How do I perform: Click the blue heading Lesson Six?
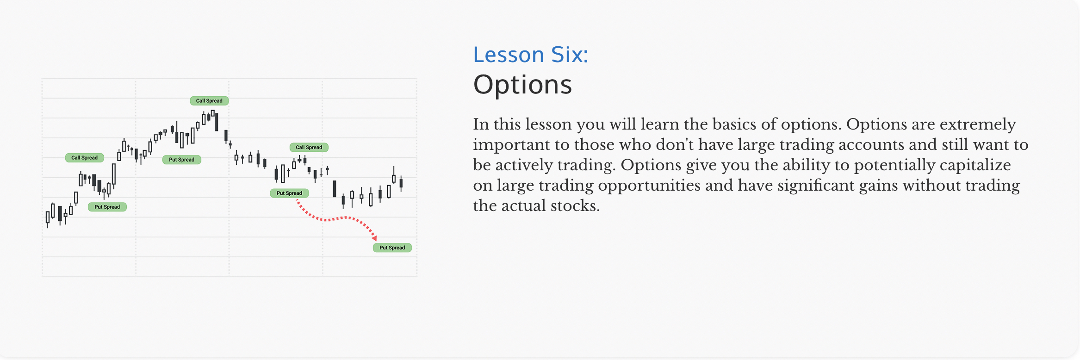(530, 55)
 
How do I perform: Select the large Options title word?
(522, 85)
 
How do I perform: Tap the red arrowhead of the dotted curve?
(374, 238)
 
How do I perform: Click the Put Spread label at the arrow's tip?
(392, 248)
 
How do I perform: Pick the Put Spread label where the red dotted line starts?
(289, 193)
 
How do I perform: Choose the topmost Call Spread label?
(209, 100)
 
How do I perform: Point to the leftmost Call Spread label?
(84, 158)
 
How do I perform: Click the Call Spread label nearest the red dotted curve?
(309, 147)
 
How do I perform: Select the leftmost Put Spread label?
(107, 207)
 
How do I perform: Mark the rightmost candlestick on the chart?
(401, 183)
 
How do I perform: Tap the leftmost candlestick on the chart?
(48, 218)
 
